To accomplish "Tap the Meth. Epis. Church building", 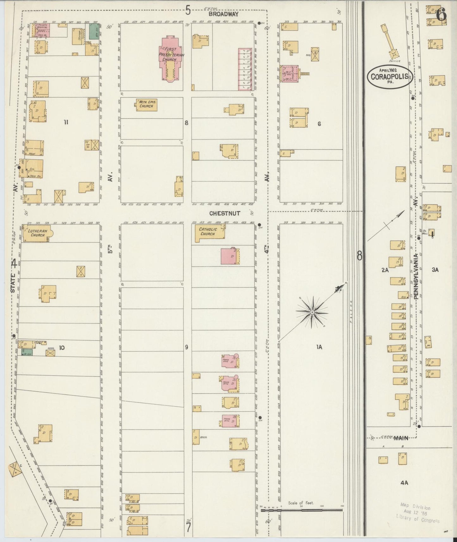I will [146, 104].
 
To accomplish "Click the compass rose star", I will [312, 312].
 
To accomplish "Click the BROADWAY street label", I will [223, 14].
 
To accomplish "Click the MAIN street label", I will [401, 438].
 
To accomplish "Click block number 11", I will [66, 122].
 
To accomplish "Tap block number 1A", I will [319, 347].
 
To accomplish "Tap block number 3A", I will [435, 270].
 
